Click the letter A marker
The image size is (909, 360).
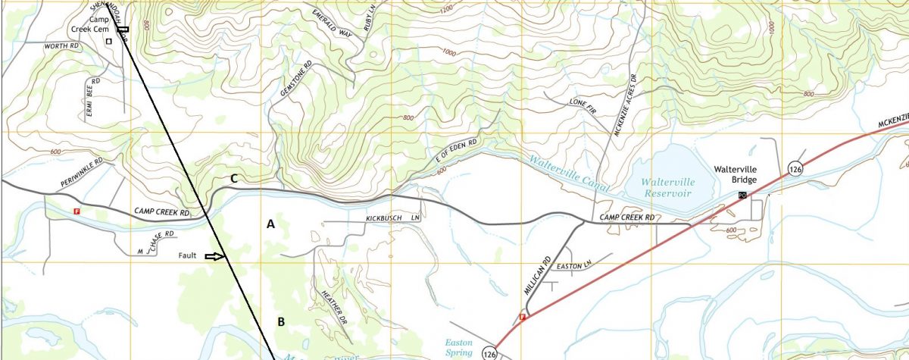[270, 224]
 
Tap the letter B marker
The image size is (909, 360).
[280, 322]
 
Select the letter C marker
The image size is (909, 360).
[235, 179]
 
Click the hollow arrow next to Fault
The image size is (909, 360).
[216, 257]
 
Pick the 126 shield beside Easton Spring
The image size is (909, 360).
[489, 352]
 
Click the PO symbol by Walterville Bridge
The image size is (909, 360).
[742, 196]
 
